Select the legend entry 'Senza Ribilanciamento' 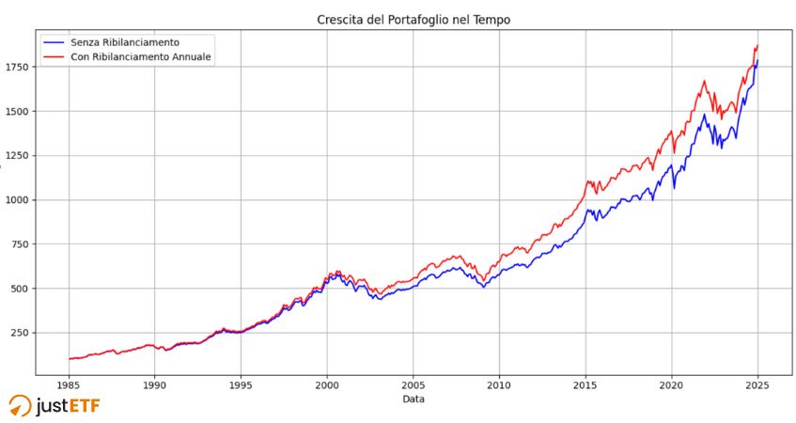click(x=124, y=42)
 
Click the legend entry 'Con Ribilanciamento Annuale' click(x=141, y=57)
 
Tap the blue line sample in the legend click(x=54, y=42)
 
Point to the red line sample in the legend click(x=54, y=57)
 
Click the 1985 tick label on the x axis click(x=69, y=384)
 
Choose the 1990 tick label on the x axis click(x=155, y=384)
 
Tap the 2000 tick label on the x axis click(x=327, y=384)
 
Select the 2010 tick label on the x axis click(x=499, y=384)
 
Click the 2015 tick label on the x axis click(x=585, y=384)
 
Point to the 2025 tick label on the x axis click(x=757, y=384)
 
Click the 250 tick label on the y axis click(x=20, y=333)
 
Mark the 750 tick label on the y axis click(x=20, y=244)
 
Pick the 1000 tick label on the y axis click(x=17, y=200)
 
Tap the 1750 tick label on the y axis click(x=17, y=67)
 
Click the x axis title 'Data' click(x=414, y=399)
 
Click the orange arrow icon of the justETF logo click(x=19, y=405)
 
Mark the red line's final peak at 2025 click(x=757, y=45)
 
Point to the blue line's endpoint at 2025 click(x=757, y=62)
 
